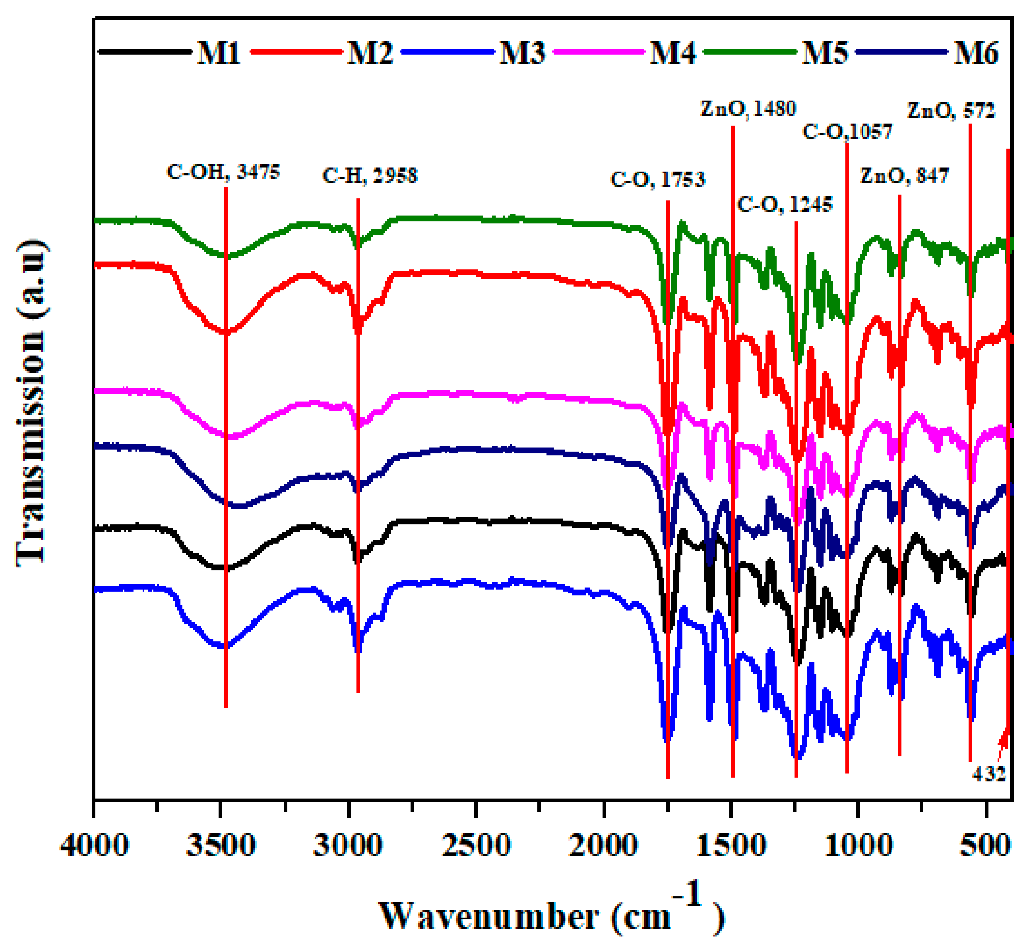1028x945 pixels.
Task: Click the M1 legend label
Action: pos(218,53)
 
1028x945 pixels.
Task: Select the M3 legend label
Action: pos(522,53)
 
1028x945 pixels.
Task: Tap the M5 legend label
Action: pos(824,53)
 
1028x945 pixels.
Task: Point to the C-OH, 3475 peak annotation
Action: pos(224,172)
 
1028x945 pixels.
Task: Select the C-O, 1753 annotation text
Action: pos(658,179)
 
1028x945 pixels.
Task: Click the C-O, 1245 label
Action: pos(784,205)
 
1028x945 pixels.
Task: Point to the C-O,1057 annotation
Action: pos(847,131)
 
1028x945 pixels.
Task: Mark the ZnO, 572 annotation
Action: pos(951,110)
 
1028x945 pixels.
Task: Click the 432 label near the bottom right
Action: pos(989,774)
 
